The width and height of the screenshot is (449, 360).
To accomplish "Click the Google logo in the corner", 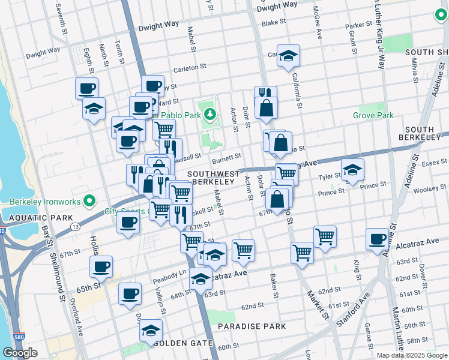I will click(20, 352).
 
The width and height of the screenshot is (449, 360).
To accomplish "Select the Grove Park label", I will click(373, 115).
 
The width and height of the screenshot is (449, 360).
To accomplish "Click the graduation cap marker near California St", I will click(289, 56).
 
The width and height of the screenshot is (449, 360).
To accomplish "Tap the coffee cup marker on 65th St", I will click(101, 266).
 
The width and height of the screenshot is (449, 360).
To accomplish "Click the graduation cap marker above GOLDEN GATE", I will click(151, 330).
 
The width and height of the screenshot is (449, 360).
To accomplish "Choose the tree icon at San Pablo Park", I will click(209, 113).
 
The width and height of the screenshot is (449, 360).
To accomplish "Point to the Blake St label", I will click(273, 22).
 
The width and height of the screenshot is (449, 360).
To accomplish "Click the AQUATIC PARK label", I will click(24, 215).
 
